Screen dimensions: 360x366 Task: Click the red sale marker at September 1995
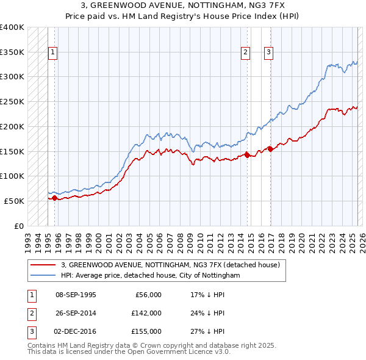54,198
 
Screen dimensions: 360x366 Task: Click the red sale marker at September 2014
247,155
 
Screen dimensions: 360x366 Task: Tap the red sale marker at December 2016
270,148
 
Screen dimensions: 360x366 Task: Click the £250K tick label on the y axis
12,101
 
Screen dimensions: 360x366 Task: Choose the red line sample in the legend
43,265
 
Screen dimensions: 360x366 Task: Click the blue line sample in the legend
43,275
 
